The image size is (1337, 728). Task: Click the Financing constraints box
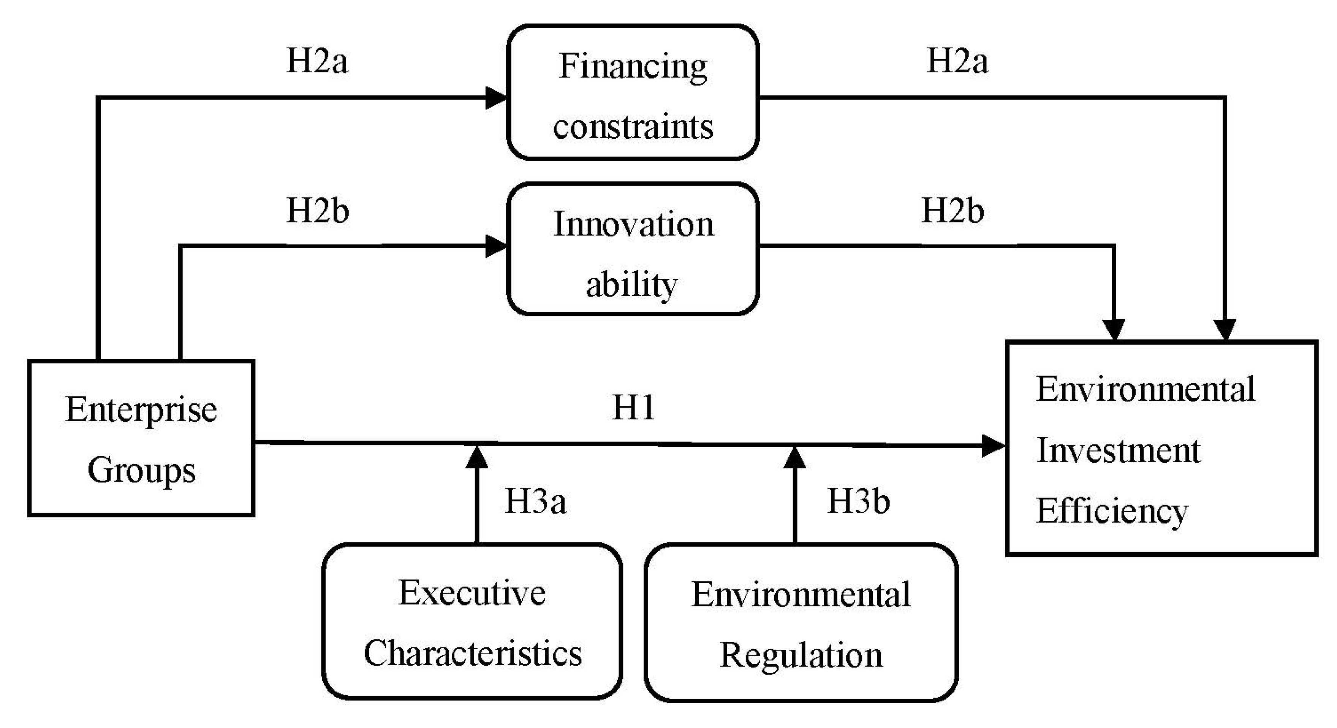[633, 92]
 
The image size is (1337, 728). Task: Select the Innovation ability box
[633, 249]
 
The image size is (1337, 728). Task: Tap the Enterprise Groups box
[141, 438]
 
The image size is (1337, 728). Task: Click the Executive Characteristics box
[472, 622]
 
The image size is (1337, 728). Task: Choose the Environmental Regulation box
[801, 623]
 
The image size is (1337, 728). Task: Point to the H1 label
[633, 408]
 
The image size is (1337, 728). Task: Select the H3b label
[858, 501]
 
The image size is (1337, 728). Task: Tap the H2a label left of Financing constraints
[317, 61]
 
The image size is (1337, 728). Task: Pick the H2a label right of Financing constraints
[957, 61]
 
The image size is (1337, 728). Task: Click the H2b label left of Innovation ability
[317, 211]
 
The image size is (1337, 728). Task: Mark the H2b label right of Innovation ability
[953, 211]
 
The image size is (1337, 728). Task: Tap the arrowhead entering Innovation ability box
[496, 246]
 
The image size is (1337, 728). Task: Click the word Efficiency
[1112, 511]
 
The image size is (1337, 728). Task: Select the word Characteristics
[472, 653]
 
